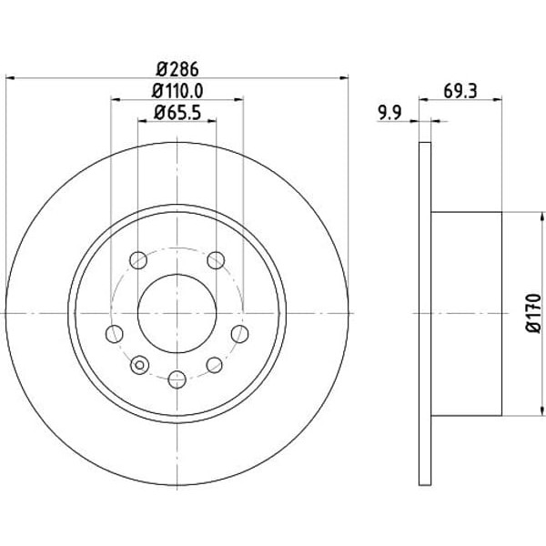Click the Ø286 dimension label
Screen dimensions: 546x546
177,67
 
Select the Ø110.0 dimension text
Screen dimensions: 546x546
177,91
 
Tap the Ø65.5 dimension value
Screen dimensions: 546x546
177,116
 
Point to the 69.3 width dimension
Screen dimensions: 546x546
460,91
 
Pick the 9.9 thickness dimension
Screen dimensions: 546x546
389,113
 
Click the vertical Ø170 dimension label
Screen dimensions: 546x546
535,312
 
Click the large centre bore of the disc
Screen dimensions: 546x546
177,312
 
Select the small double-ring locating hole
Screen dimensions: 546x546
139,366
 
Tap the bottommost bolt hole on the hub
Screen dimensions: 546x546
177,378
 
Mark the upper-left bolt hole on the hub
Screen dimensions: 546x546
138,261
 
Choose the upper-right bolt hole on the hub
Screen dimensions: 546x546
216,261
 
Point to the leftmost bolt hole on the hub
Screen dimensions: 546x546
114,334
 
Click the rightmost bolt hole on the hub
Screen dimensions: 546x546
240,334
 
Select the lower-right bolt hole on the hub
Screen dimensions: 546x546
215,365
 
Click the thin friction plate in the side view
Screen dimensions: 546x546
424,312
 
